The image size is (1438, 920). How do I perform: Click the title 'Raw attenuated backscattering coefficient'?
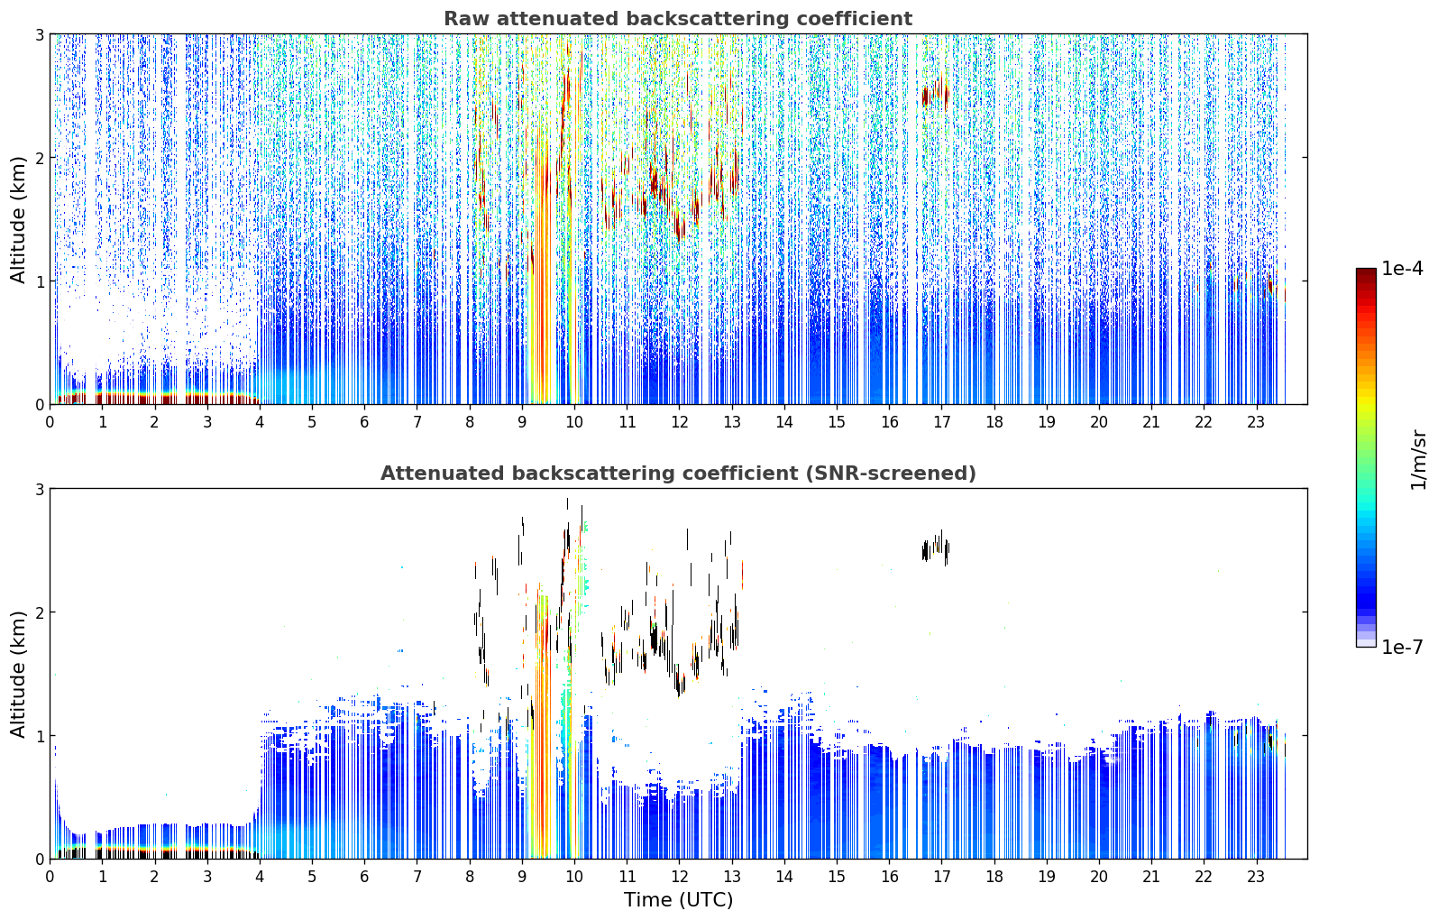tap(678, 19)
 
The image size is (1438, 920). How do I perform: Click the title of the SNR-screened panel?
tap(678, 474)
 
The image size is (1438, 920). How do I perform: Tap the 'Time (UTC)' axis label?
tap(678, 899)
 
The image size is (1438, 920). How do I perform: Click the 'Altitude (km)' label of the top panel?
tap(18, 219)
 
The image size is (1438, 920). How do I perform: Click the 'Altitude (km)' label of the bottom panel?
tap(18, 674)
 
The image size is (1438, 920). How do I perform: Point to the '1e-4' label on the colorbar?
tap(1402, 269)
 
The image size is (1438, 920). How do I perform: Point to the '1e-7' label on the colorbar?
tap(1402, 647)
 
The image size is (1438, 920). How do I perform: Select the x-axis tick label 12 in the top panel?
tap(679, 422)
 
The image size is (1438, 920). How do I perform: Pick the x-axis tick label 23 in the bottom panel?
tap(1256, 877)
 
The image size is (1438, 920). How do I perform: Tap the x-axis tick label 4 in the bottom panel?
tap(260, 877)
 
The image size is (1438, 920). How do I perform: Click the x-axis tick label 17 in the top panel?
tap(942, 422)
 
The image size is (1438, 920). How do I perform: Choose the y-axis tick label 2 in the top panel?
tap(39, 158)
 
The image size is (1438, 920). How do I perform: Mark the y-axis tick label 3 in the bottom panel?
tap(39, 489)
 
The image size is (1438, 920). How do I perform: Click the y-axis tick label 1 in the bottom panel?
tap(39, 736)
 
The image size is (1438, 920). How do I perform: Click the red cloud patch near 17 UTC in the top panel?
tap(935, 95)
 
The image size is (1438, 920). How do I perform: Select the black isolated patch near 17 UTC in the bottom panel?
tap(935, 549)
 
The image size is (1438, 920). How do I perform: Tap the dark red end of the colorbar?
tap(1366, 272)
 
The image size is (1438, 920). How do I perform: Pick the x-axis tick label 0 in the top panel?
tap(50, 422)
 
